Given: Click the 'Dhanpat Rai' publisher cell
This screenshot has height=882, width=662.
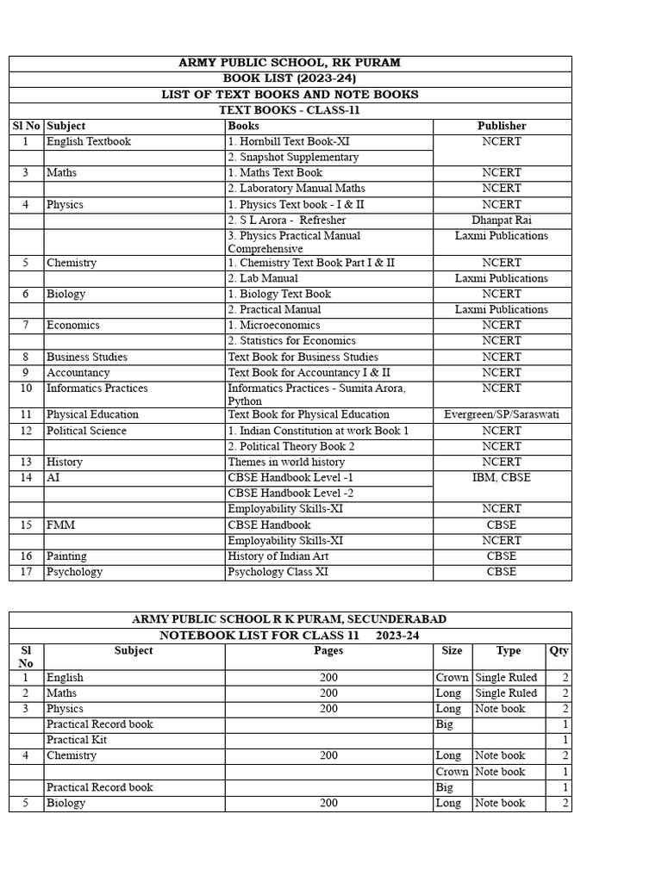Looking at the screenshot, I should pyautogui.click(x=502, y=220).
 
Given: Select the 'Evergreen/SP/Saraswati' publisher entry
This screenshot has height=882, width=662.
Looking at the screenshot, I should pyautogui.click(x=502, y=414).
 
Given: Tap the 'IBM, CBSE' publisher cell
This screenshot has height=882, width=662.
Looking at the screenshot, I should pyautogui.click(x=502, y=477).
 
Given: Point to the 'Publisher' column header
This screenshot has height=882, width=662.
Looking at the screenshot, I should pyautogui.click(x=502, y=126).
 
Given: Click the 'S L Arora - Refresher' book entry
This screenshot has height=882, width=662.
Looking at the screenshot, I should pyautogui.click(x=286, y=220).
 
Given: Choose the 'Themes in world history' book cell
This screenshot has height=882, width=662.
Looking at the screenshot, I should pyautogui.click(x=286, y=462).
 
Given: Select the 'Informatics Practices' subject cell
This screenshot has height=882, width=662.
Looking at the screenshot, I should pyautogui.click(x=97, y=388).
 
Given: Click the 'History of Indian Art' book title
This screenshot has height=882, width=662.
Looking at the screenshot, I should pyautogui.click(x=278, y=556).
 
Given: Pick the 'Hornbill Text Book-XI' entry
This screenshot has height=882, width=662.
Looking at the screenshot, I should pyautogui.click(x=289, y=141).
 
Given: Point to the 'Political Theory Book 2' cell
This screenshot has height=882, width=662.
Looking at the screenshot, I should pyautogui.click(x=290, y=446).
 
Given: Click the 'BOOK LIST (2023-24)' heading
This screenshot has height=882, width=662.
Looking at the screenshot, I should pyautogui.click(x=290, y=78).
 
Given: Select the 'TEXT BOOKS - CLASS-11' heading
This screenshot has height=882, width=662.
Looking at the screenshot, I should pyautogui.click(x=290, y=110).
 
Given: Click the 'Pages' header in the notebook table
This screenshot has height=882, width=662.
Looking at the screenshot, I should pyautogui.click(x=328, y=650).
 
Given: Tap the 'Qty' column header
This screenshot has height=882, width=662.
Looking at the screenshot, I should pyautogui.click(x=559, y=650).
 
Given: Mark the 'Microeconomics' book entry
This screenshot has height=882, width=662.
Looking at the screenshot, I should pyautogui.click(x=274, y=325).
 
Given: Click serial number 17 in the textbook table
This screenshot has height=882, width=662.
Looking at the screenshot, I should pyautogui.click(x=26, y=572).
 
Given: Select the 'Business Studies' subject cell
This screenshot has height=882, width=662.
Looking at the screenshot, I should pyautogui.click(x=87, y=357).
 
